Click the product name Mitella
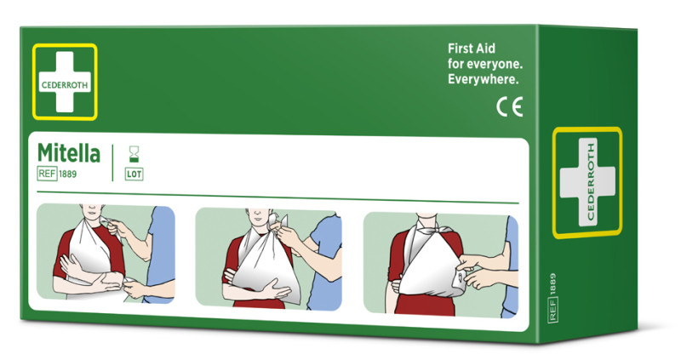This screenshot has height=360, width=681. (x=69, y=153)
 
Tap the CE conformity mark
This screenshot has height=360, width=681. (x=509, y=107)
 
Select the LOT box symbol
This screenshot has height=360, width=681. (x=134, y=174)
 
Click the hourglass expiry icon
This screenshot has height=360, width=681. (x=134, y=155)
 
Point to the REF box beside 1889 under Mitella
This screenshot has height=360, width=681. (x=47, y=174)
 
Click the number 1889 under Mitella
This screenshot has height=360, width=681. (x=68, y=174)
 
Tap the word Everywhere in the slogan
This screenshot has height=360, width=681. (x=483, y=79)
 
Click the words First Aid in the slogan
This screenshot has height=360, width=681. (x=472, y=49)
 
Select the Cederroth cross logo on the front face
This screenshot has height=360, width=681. (x=65, y=82)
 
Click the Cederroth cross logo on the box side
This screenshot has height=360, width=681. (x=587, y=182)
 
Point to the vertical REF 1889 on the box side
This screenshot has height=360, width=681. (x=552, y=298)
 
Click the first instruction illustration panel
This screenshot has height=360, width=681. (x=106, y=253)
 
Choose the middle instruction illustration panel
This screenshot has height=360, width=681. (x=268, y=259)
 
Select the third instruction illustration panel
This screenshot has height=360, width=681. (x=441, y=265)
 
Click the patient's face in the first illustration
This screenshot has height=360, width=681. (x=92, y=210)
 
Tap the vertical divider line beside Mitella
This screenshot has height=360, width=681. (x=112, y=163)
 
